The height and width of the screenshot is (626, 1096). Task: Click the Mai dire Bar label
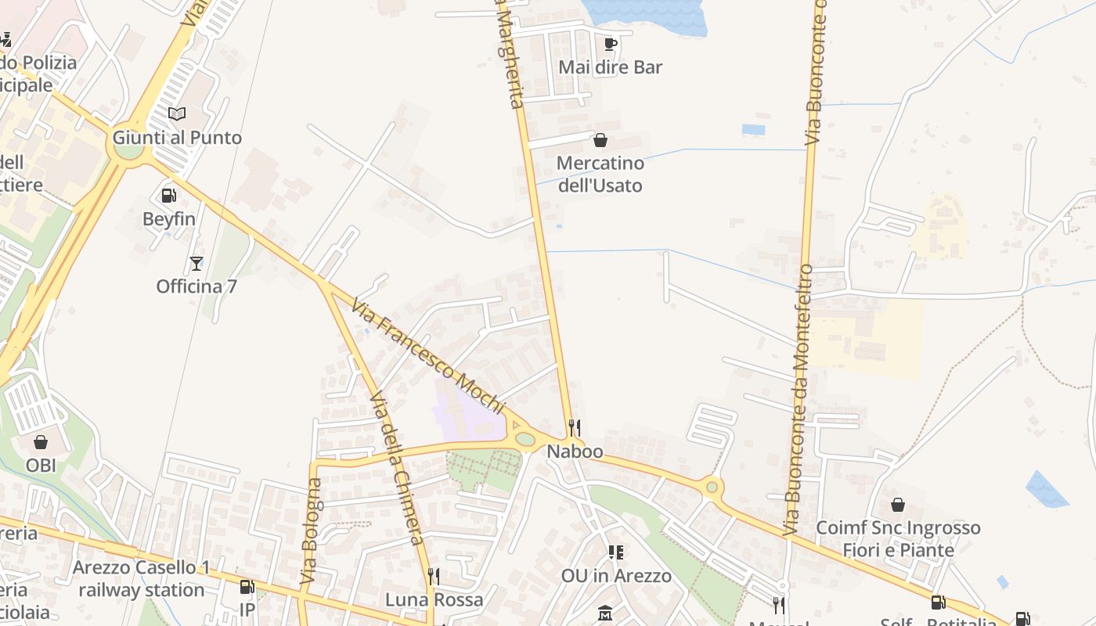610,67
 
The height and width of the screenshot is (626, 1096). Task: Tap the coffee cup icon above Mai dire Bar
611,44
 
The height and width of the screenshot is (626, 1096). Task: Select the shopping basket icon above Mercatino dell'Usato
600,140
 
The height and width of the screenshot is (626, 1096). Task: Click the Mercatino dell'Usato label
600,174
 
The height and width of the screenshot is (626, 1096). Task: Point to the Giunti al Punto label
177,138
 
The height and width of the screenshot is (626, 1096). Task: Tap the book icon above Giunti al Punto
178,114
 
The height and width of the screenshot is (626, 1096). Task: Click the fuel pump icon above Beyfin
168,195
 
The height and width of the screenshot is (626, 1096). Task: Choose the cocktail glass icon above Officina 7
196,263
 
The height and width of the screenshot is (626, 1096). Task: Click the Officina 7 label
196,286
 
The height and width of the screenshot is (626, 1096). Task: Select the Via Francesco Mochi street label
428,355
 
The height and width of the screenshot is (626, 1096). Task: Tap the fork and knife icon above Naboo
575,428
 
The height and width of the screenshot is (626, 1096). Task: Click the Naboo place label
575,452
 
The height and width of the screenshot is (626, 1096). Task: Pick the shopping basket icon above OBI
41,442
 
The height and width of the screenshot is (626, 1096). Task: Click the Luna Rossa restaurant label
434,600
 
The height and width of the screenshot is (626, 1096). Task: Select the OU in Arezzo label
616,576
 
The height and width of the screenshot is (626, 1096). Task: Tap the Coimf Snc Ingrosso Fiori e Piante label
898,538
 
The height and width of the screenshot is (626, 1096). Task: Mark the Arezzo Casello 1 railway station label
142,578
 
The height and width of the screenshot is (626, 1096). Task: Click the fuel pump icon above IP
247,586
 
